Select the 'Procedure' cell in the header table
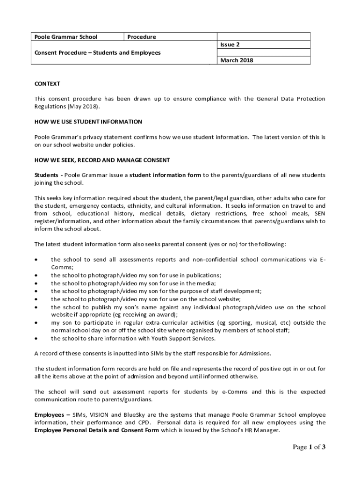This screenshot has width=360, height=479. (142, 37)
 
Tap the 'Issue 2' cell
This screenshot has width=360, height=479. (230, 45)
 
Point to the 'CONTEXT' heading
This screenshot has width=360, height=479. (47, 84)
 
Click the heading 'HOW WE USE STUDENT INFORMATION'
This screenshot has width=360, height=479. (88, 122)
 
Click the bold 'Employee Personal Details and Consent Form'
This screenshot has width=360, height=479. (97, 430)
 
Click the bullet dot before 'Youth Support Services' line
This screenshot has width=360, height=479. (36, 338)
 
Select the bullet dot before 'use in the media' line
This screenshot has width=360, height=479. (36, 283)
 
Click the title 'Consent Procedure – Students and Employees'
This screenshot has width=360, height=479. (98, 53)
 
